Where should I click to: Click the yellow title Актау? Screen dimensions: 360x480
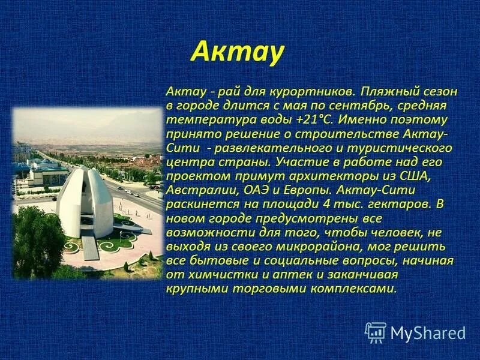click(x=236, y=52)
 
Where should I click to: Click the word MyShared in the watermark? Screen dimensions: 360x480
click(x=428, y=334)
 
